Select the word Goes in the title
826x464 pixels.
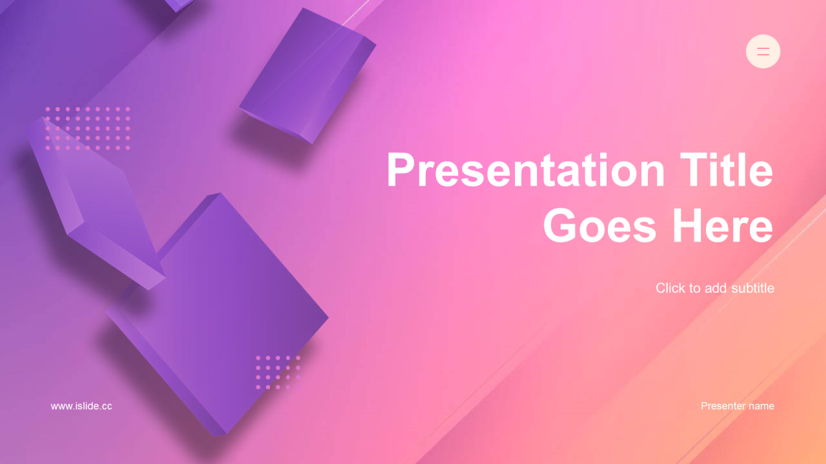[599, 225]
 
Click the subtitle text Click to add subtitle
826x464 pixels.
[714, 288]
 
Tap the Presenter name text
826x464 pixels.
[737, 406]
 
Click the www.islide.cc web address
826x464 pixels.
[81, 406]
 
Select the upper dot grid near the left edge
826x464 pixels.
[88, 128]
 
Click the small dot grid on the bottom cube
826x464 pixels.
[278, 372]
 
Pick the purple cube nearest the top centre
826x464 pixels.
[307, 75]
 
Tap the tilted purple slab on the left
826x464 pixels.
[96, 202]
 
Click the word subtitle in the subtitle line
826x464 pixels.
[752, 288]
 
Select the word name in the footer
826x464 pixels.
[761, 407]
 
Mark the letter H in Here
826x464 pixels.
[688, 225]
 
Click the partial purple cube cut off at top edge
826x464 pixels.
[179, 5]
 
